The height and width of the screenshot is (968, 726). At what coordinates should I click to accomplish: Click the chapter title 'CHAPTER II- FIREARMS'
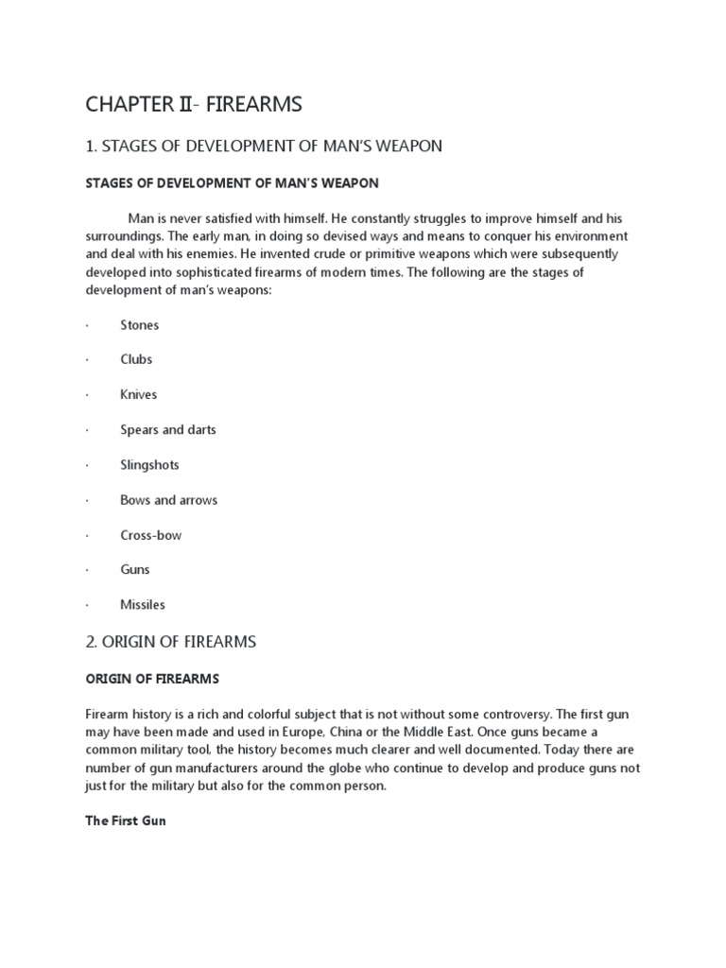tap(194, 104)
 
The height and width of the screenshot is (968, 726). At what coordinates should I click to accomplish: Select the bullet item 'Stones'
tap(140, 325)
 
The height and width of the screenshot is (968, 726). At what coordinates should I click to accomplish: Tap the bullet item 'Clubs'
tap(136, 360)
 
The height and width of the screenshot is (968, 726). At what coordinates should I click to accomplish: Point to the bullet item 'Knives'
tap(139, 395)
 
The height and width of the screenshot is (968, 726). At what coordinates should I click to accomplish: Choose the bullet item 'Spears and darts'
tap(168, 430)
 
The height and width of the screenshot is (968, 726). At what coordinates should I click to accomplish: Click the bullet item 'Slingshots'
tap(149, 465)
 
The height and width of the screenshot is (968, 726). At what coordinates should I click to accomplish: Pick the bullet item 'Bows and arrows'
tap(168, 500)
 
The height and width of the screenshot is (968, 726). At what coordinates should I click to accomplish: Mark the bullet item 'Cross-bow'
tap(151, 535)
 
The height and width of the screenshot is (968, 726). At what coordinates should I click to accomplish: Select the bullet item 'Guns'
tap(135, 570)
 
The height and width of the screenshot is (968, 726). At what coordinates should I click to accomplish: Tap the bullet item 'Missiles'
tap(143, 605)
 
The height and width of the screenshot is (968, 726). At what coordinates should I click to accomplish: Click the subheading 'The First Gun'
tap(126, 821)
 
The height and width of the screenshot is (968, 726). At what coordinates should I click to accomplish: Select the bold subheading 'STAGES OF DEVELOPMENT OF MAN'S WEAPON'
tap(232, 182)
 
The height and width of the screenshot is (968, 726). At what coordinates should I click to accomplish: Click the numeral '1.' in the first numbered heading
tap(91, 146)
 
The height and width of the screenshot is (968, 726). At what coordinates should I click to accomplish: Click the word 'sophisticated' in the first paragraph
tap(194, 272)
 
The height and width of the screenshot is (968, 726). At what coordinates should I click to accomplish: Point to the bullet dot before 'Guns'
tap(87, 570)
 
